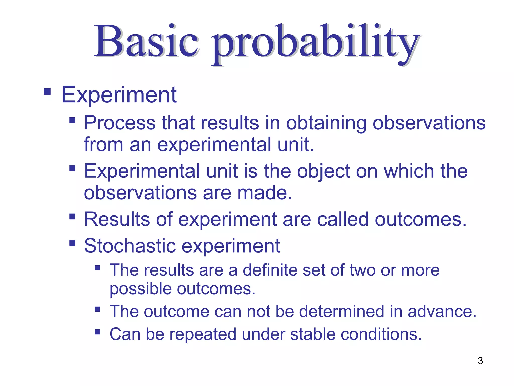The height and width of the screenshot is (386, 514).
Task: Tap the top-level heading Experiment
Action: coord(119,95)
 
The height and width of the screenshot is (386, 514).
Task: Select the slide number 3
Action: coord(480,361)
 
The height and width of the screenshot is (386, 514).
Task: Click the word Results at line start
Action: coord(117,219)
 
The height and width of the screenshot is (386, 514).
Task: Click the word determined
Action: coord(341,311)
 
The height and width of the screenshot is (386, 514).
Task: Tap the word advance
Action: coord(442,311)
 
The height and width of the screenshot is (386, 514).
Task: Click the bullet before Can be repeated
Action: coord(97,332)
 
